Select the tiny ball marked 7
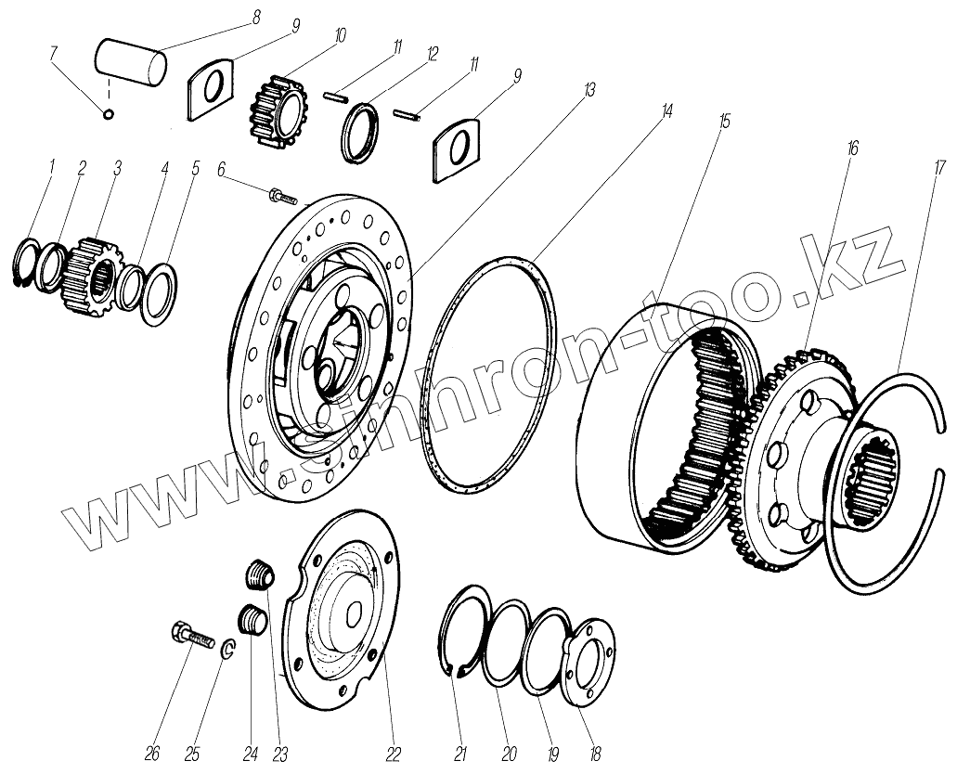109,114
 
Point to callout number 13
589,90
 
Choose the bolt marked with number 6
281,196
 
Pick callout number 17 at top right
939,167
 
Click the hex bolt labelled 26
189,638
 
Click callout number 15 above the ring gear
724,121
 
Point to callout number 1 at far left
52,166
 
